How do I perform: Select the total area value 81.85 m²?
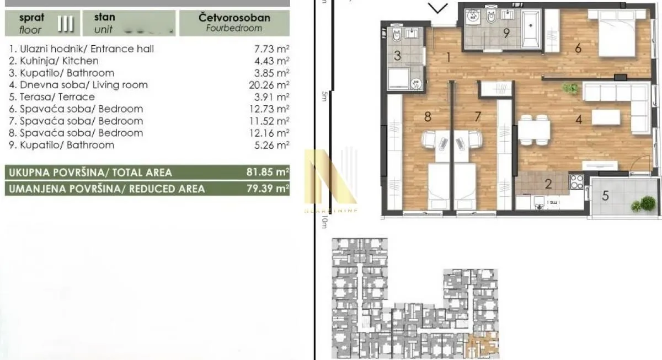[x=268, y=173]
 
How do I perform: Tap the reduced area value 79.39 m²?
[x=268, y=189]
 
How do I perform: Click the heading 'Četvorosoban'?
[x=234, y=18]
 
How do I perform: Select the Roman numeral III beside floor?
[x=66, y=24]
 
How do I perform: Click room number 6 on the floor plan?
[x=578, y=49]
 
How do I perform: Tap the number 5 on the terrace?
[x=605, y=195]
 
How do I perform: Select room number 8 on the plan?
[x=426, y=116]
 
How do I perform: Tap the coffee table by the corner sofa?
[x=606, y=117]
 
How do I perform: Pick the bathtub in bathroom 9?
[x=532, y=26]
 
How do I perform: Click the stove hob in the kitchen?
[x=576, y=182]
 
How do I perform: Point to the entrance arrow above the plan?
[x=439, y=8]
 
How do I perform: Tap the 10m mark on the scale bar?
[x=324, y=223]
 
